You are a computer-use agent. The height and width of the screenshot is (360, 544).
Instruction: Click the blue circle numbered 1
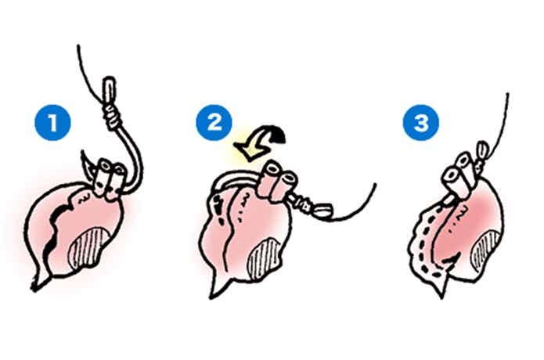click(x=52, y=122)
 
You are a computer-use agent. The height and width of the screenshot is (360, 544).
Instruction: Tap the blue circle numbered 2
click(x=214, y=122)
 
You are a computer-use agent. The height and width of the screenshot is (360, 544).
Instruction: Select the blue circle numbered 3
click(x=421, y=122)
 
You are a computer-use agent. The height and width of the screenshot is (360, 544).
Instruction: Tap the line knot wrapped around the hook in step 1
click(x=110, y=117)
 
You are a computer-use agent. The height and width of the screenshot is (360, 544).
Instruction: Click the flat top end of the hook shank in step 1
click(x=109, y=81)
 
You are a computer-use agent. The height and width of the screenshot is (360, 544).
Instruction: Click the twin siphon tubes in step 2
click(x=279, y=182)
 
